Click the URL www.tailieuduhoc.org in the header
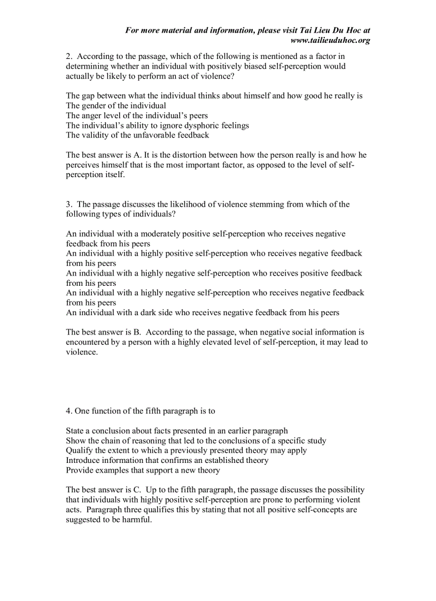coord(330,40)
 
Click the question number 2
coord(68,56)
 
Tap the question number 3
coord(68,204)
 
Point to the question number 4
coord(68,411)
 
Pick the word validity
coord(95,135)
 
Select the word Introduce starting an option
coord(83,460)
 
